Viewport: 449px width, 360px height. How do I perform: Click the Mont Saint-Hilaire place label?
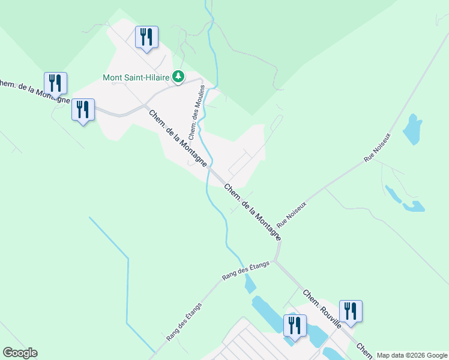pyautogui.click(x=137, y=77)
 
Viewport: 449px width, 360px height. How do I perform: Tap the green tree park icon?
pyautogui.click(x=178, y=77)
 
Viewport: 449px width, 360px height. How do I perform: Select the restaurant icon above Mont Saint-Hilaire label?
pyautogui.click(x=146, y=38)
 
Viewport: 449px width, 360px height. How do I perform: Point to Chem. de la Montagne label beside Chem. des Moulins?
pyautogui.click(x=179, y=139)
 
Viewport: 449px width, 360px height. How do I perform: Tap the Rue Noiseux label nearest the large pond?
pyautogui.click(x=377, y=148)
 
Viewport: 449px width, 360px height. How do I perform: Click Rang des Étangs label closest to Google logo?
pyautogui.click(x=184, y=322)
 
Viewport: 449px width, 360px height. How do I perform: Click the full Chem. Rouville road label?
pyautogui.click(x=322, y=309)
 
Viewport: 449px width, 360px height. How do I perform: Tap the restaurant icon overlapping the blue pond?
pyautogui.click(x=295, y=326)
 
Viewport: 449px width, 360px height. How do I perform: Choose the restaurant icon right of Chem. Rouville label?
pyautogui.click(x=351, y=311)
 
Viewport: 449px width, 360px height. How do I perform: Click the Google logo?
pyautogui.click(x=20, y=353)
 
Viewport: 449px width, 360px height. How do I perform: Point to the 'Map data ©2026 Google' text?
pyautogui.click(x=412, y=355)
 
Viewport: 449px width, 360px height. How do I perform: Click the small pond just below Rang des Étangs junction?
pyautogui.click(x=250, y=284)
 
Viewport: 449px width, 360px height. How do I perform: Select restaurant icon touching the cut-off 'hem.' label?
pyautogui.click(x=55, y=83)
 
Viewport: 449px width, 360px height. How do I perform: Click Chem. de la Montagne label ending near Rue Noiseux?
pyautogui.click(x=252, y=212)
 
